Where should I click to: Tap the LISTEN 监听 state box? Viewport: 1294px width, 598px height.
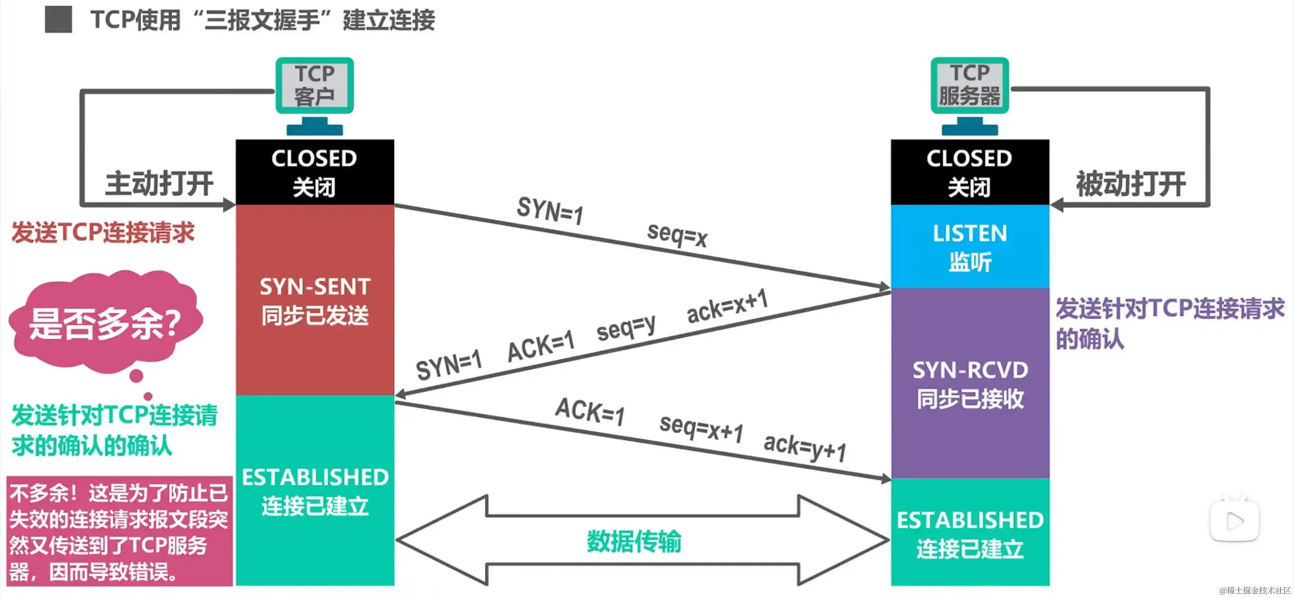(970, 247)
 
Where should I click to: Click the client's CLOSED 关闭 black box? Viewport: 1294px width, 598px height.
(315, 172)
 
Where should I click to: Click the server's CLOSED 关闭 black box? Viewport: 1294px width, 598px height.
(970, 172)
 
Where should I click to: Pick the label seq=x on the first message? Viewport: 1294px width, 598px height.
(677, 234)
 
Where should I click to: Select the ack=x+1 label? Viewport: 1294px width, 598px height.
(727, 306)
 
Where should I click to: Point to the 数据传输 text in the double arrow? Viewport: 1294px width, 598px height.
(634, 541)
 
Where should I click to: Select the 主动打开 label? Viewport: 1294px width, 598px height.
(159, 183)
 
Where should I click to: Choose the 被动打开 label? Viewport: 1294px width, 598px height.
(1130, 183)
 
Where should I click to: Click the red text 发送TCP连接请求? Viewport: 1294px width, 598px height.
(103, 232)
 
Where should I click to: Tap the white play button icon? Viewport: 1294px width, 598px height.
(1234, 521)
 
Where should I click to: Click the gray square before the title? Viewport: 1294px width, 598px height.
(58, 20)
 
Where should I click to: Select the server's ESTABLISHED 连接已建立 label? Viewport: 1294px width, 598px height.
(970, 534)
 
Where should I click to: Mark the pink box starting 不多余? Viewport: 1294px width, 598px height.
(119, 531)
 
